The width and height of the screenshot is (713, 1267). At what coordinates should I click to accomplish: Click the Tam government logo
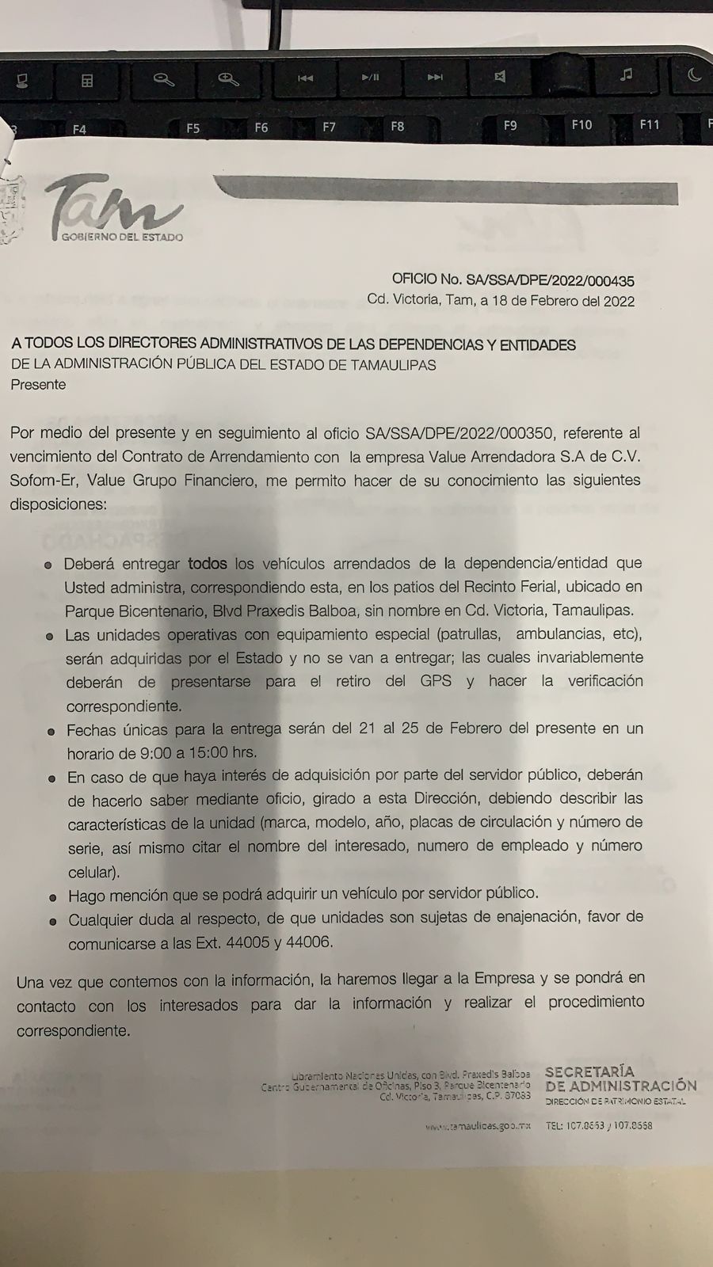(x=114, y=210)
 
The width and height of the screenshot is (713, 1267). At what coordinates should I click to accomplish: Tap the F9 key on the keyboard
(x=510, y=125)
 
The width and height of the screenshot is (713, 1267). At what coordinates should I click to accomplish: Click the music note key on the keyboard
(x=626, y=74)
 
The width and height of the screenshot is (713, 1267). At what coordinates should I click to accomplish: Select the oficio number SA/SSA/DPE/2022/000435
(x=551, y=280)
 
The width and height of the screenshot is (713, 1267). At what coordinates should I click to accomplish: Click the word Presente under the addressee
(x=38, y=385)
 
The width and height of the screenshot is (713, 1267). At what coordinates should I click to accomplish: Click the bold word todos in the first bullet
(x=207, y=564)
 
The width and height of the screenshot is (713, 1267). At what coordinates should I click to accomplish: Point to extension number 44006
(x=313, y=942)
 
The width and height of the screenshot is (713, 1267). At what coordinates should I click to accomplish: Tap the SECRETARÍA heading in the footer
(x=589, y=1071)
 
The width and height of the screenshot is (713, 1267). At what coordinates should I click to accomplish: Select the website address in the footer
(x=477, y=1126)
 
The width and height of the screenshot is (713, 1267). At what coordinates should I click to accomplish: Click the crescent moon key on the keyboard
(x=694, y=74)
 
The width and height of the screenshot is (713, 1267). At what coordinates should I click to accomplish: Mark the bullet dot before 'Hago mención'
(x=53, y=898)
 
